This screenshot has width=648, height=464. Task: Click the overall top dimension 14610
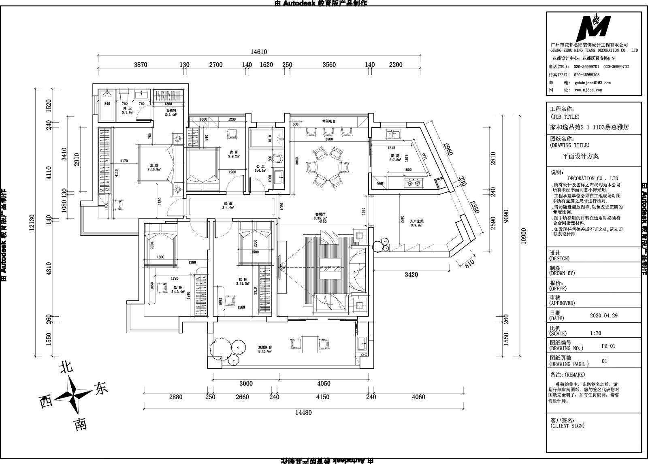[x=259, y=52]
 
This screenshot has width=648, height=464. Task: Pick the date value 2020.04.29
[x=603, y=315]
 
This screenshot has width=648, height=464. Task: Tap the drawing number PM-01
[x=608, y=346]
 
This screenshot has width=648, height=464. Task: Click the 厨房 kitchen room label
[x=395, y=156]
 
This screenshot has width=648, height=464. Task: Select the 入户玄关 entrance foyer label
[x=416, y=221]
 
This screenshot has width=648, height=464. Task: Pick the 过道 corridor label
[x=228, y=204]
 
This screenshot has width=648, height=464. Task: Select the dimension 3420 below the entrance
[x=411, y=275]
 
